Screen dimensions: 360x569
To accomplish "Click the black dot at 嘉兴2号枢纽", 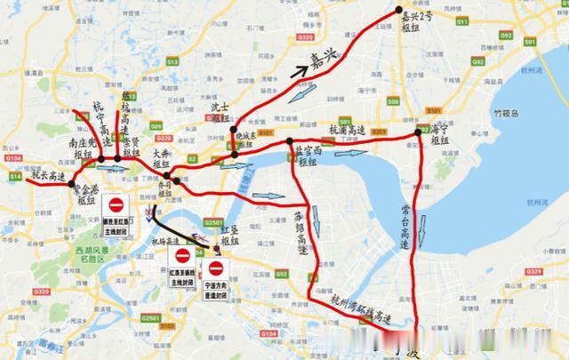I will click(x=399, y=11).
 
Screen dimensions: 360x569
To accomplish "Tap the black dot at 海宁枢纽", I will click(x=417, y=134).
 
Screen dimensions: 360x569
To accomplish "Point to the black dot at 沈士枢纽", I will click(x=233, y=132).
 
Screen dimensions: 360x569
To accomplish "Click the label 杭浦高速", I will click(x=348, y=129).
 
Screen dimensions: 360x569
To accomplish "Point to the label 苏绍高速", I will click(x=301, y=230).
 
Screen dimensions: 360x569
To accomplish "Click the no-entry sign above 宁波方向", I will click(x=215, y=268).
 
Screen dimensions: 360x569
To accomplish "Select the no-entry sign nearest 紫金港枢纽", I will click(x=116, y=207).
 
